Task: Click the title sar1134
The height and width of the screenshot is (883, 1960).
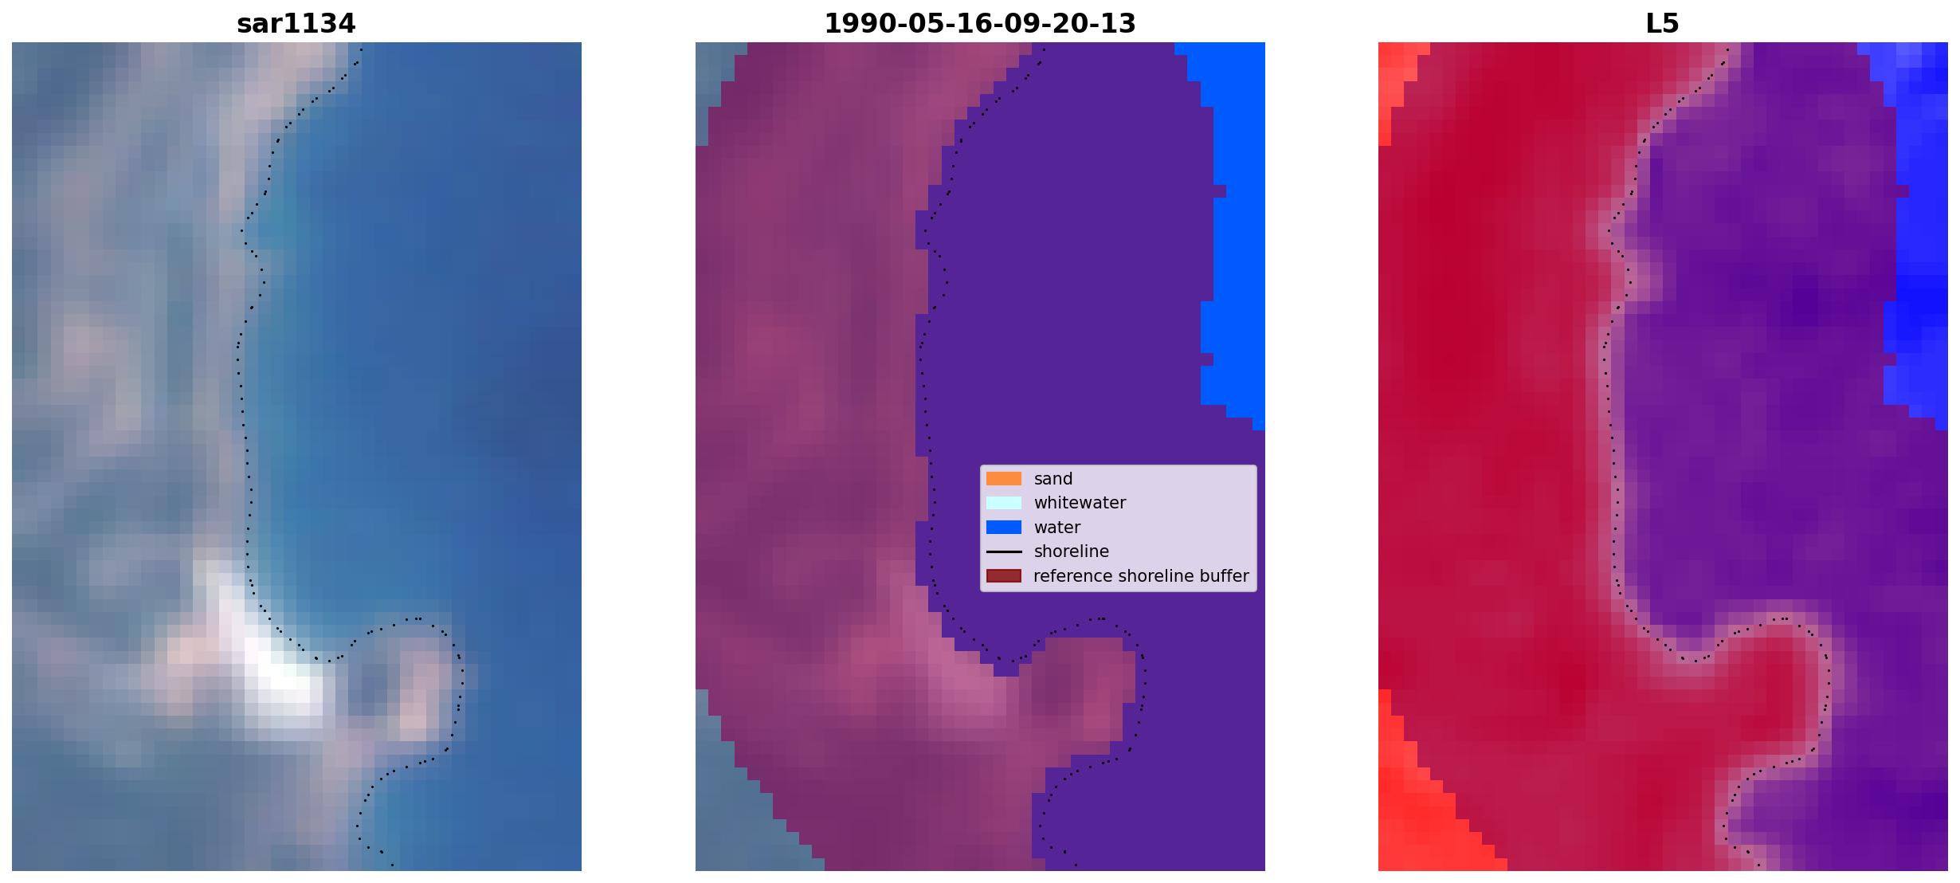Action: pos(296,24)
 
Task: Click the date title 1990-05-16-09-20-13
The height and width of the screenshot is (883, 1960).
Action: pos(979,24)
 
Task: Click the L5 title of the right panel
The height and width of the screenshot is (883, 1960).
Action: pos(1662,24)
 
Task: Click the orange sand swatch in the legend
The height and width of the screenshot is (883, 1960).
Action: pos(1003,479)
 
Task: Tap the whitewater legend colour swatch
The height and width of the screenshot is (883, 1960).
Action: pos(1003,503)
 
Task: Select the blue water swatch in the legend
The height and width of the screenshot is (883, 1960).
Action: pos(1003,528)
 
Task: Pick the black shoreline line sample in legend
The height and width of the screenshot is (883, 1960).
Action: pos(1003,551)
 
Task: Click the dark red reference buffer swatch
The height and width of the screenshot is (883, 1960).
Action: pos(1003,576)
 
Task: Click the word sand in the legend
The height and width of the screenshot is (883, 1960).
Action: pos(1053,479)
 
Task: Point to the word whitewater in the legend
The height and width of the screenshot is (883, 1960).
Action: pos(1080,503)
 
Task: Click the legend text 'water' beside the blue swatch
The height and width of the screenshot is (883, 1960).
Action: pos(1057,528)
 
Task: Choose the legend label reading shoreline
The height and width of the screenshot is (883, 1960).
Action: pos(1072,551)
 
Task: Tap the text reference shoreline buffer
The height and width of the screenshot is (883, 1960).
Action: pos(1141,576)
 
